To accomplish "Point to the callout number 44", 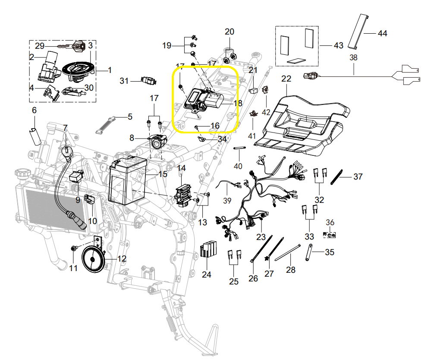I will pyautogui.click(x=382, y=33).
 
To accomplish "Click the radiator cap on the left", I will pyautogui.click(x=21, y=174).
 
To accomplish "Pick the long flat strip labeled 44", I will pyautogui.click(x=359, y=31).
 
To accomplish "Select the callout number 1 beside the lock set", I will pyautogui.click(x=109, y=69).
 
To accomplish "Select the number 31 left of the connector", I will pyautogui.click(x=124, y=81).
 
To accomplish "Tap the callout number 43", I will pyautogui.click(x=338, y=45).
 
